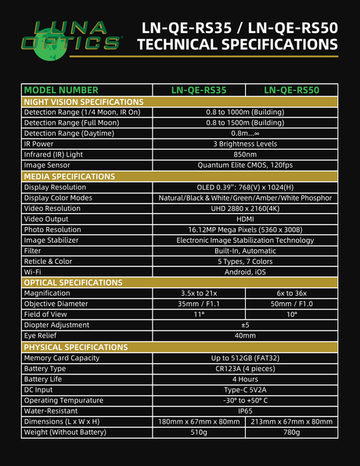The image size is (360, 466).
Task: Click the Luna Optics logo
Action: coord(73,38)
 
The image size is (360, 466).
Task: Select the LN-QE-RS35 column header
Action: coord(199,90)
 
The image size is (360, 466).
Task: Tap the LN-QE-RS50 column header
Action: coord(291,90)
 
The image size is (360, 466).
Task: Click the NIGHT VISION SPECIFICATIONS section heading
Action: coord(83,102)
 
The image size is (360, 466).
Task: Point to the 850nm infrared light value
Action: coord(245,155)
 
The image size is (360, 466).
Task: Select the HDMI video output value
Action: coord(245,219)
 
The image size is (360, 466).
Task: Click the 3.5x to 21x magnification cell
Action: coord(199,293)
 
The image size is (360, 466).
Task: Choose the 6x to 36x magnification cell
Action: coord(291,293)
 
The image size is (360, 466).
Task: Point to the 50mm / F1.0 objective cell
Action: coord(291,304)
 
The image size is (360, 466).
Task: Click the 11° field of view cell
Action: coord(199,314)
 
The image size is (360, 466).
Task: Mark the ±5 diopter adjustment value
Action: coord(245,325)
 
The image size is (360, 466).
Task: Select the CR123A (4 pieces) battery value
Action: coord(245,367)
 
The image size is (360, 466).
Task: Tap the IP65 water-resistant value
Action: coord(245,410)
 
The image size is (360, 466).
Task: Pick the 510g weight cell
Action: coord(199,432)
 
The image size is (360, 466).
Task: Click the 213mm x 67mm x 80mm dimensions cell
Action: coord(291,421)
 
